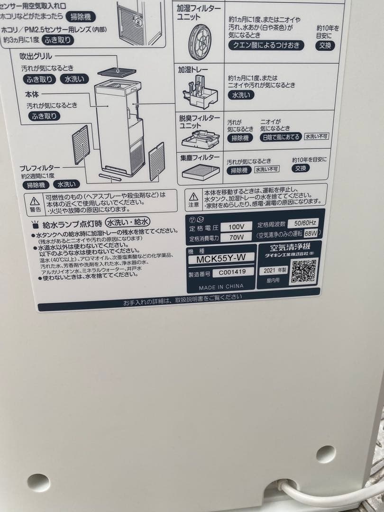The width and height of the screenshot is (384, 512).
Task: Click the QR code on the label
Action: coord(303,271)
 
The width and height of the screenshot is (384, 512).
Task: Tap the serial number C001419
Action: coord(229,273)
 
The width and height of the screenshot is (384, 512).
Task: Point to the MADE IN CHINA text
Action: coord(221,287)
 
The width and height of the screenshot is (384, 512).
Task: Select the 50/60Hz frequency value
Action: coord(306,223)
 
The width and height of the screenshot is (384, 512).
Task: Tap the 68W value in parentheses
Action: coord(311,233)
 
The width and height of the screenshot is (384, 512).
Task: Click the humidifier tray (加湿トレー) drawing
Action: coord(200,92)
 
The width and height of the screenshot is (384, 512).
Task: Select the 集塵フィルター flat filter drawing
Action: coord(201,172)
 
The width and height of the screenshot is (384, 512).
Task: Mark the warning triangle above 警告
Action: coord(35,201)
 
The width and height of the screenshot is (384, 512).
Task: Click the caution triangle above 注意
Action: coord(193,196)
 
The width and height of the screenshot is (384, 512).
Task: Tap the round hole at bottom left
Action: coord(38,483)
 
